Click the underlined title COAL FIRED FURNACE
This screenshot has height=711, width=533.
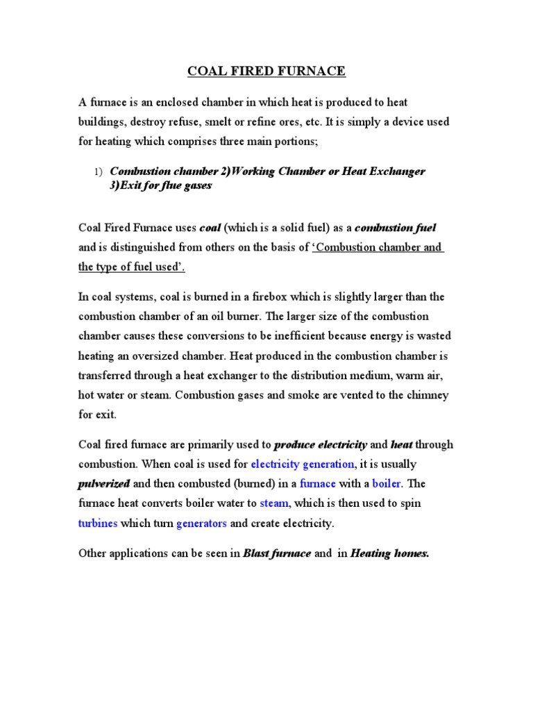(266, 72)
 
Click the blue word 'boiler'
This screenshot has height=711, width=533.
(387, 483)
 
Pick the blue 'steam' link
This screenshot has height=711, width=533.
(273, 503)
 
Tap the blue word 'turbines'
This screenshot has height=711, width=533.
(98, 524)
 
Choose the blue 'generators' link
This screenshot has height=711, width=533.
(201, 524)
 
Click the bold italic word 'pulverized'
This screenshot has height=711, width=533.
(104, 483)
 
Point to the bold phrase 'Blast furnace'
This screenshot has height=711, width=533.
(277, 554)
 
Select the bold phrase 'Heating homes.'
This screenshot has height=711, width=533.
(390, 554)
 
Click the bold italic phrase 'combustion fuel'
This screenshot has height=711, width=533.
(396, 228)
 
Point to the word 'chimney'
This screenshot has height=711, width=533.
(425, 395)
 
